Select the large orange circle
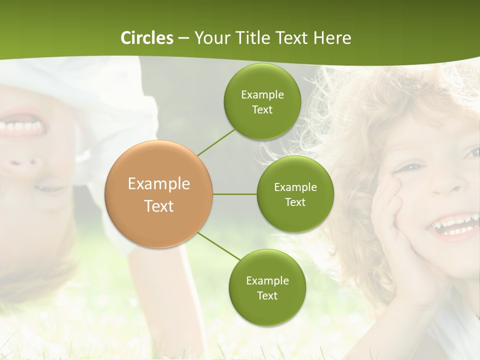coord(159,194)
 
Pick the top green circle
coord(262,101)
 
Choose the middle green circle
coord(295,194)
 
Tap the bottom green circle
coord(266,287)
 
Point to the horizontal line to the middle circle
coord(234,194)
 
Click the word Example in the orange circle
coord(159,184)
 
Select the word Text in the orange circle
coord(159,206)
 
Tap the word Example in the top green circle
coord(262,94)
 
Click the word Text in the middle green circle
coord(295,202)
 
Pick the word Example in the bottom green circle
coord(267,280)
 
